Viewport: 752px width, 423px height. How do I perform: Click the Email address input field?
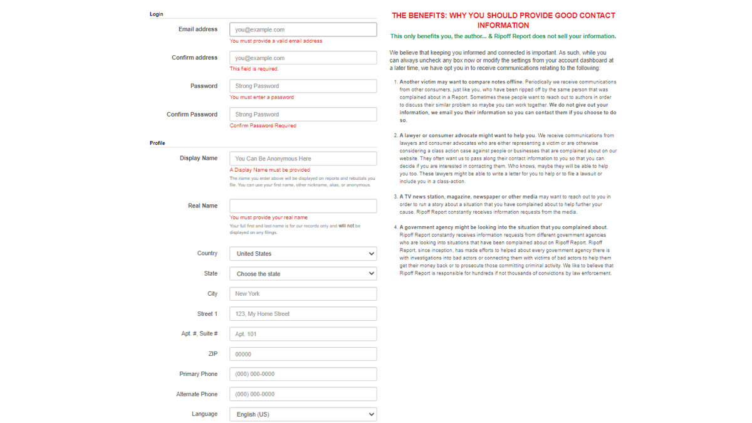coord(303,29)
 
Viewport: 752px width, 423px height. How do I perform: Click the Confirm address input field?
coord(303,58)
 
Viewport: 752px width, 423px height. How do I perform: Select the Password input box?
coord(303,86)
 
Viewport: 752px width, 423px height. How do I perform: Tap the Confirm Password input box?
coord(303,114)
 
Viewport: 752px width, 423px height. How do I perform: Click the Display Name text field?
coord(303,159)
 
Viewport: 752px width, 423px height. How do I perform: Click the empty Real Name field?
coord(303,206)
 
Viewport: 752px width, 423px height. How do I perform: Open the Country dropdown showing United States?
coord(303,254)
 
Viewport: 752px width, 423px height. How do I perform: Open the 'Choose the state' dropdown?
coord(303,274)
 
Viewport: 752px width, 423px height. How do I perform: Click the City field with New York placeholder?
coord(303,294)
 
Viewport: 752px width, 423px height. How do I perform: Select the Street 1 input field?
coord(303,314)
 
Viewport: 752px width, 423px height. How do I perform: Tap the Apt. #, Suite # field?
coord(303,334)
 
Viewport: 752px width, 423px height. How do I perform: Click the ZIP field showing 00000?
coord(303,354)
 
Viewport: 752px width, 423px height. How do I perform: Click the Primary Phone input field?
coord(303,374)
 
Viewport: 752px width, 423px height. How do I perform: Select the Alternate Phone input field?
coord(303,394)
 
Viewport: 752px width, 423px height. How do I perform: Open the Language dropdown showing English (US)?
coord(303,414)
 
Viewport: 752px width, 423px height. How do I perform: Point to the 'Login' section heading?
coord(156,14)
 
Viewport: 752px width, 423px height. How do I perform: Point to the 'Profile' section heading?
coord(157,143)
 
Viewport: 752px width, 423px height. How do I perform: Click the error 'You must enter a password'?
coord(261,97)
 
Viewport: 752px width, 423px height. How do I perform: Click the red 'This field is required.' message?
coord(254,69)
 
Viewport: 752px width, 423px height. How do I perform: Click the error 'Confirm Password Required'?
coord(263,125)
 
